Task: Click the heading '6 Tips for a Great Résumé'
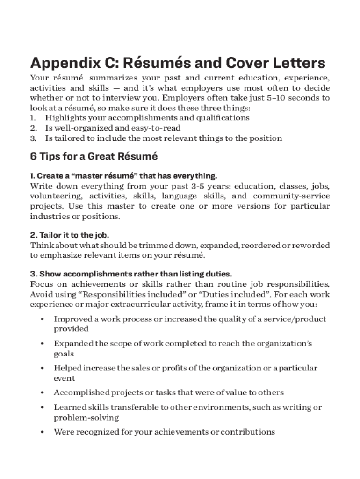click(94, 157)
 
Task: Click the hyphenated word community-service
click(291, 196)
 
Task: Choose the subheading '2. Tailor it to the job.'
click(70, 235)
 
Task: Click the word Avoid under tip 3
click(41, 294)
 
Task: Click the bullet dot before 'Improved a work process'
click(43, 319)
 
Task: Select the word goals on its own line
click(64, 354)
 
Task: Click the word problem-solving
click(86, 417)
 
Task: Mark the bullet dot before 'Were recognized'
click(43, 432)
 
